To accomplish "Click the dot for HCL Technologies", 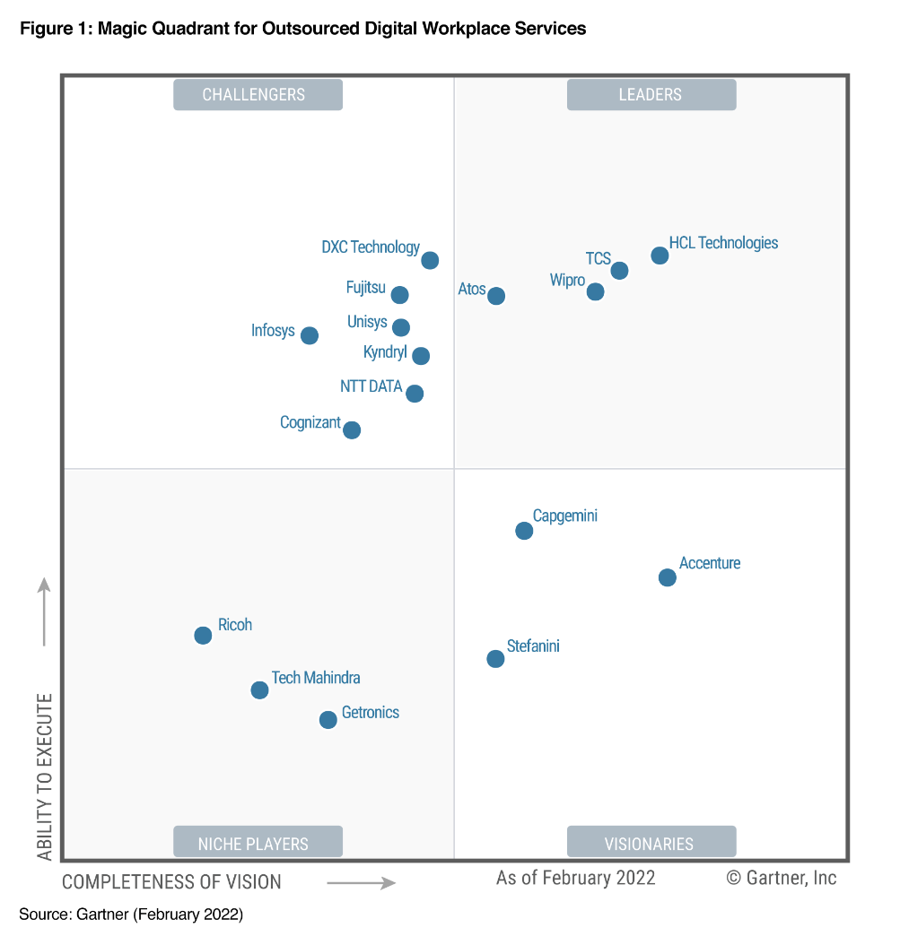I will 660,256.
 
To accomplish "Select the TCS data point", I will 619,270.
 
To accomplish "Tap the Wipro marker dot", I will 595,291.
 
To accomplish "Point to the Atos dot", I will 496,296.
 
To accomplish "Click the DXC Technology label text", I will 371,247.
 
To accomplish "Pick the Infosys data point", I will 310,335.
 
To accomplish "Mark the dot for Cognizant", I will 353,430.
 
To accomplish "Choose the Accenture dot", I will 668,577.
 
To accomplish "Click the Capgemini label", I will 565,516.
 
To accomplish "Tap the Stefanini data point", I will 495,659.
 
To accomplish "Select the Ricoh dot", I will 203,636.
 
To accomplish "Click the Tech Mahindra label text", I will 316,678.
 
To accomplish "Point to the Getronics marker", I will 328,720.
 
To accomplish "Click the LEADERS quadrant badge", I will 651,94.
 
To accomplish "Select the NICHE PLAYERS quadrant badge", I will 258,843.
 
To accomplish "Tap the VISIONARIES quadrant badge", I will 651,843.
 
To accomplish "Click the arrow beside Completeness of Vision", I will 361,883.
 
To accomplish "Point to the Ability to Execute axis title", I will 45,776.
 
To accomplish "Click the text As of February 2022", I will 576,878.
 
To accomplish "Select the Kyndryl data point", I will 421,356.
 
